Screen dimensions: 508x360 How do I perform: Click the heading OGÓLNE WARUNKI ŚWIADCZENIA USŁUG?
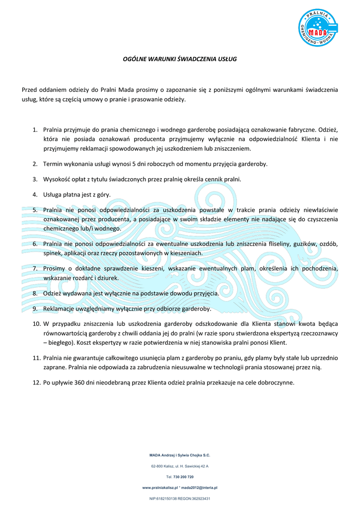[x=180, y=59]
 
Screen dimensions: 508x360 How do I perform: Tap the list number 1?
[x=35, y=130]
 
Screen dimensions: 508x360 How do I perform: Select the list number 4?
[x=35, y=194]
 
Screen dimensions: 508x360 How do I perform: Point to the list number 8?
[x=35, y=293]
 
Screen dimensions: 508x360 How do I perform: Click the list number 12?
[x=36, y=382]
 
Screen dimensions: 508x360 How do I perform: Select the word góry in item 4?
[x=103, y=194]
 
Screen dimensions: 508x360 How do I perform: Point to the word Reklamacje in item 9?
[x=60, y=309]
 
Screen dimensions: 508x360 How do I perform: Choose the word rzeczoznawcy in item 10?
[x=318, y=333]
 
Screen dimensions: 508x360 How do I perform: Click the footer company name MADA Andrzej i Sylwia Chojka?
[x=180, y=454]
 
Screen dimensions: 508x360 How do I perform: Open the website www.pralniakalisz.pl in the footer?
[x=160, y=488]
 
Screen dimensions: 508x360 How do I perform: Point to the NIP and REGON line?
[x=180, y=498]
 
